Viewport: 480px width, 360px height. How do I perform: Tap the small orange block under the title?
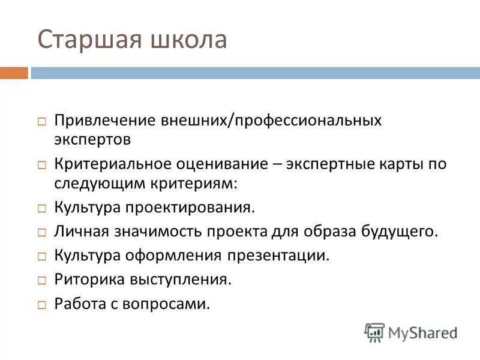pyautogui.click(x=14, y=73)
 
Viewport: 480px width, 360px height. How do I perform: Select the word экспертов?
pyautogui.click(x=92, y=140)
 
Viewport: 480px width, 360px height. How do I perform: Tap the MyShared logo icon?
pyautogui.click(x=374, y=332)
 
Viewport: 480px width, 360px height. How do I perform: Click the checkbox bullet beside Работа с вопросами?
pyautogui.click(x=42, y=304)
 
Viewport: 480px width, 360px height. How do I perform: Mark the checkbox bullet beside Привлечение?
pyautogui.click(x=42, y=121)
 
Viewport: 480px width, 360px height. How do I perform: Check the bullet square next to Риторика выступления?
pyautogui.click(x=42, y=280)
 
